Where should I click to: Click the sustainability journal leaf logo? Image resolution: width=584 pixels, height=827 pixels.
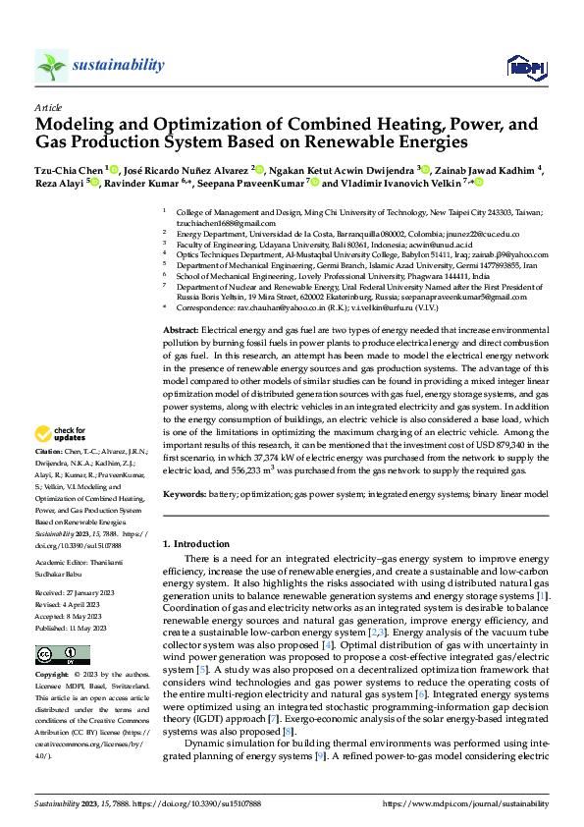[50, 66]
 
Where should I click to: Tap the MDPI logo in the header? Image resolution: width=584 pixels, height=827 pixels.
[525, 66]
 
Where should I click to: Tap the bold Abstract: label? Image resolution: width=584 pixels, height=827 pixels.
[181, 331]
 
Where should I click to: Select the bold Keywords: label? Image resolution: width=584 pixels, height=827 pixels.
[186, 494]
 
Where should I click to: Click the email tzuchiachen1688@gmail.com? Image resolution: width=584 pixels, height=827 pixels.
[219, 224]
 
